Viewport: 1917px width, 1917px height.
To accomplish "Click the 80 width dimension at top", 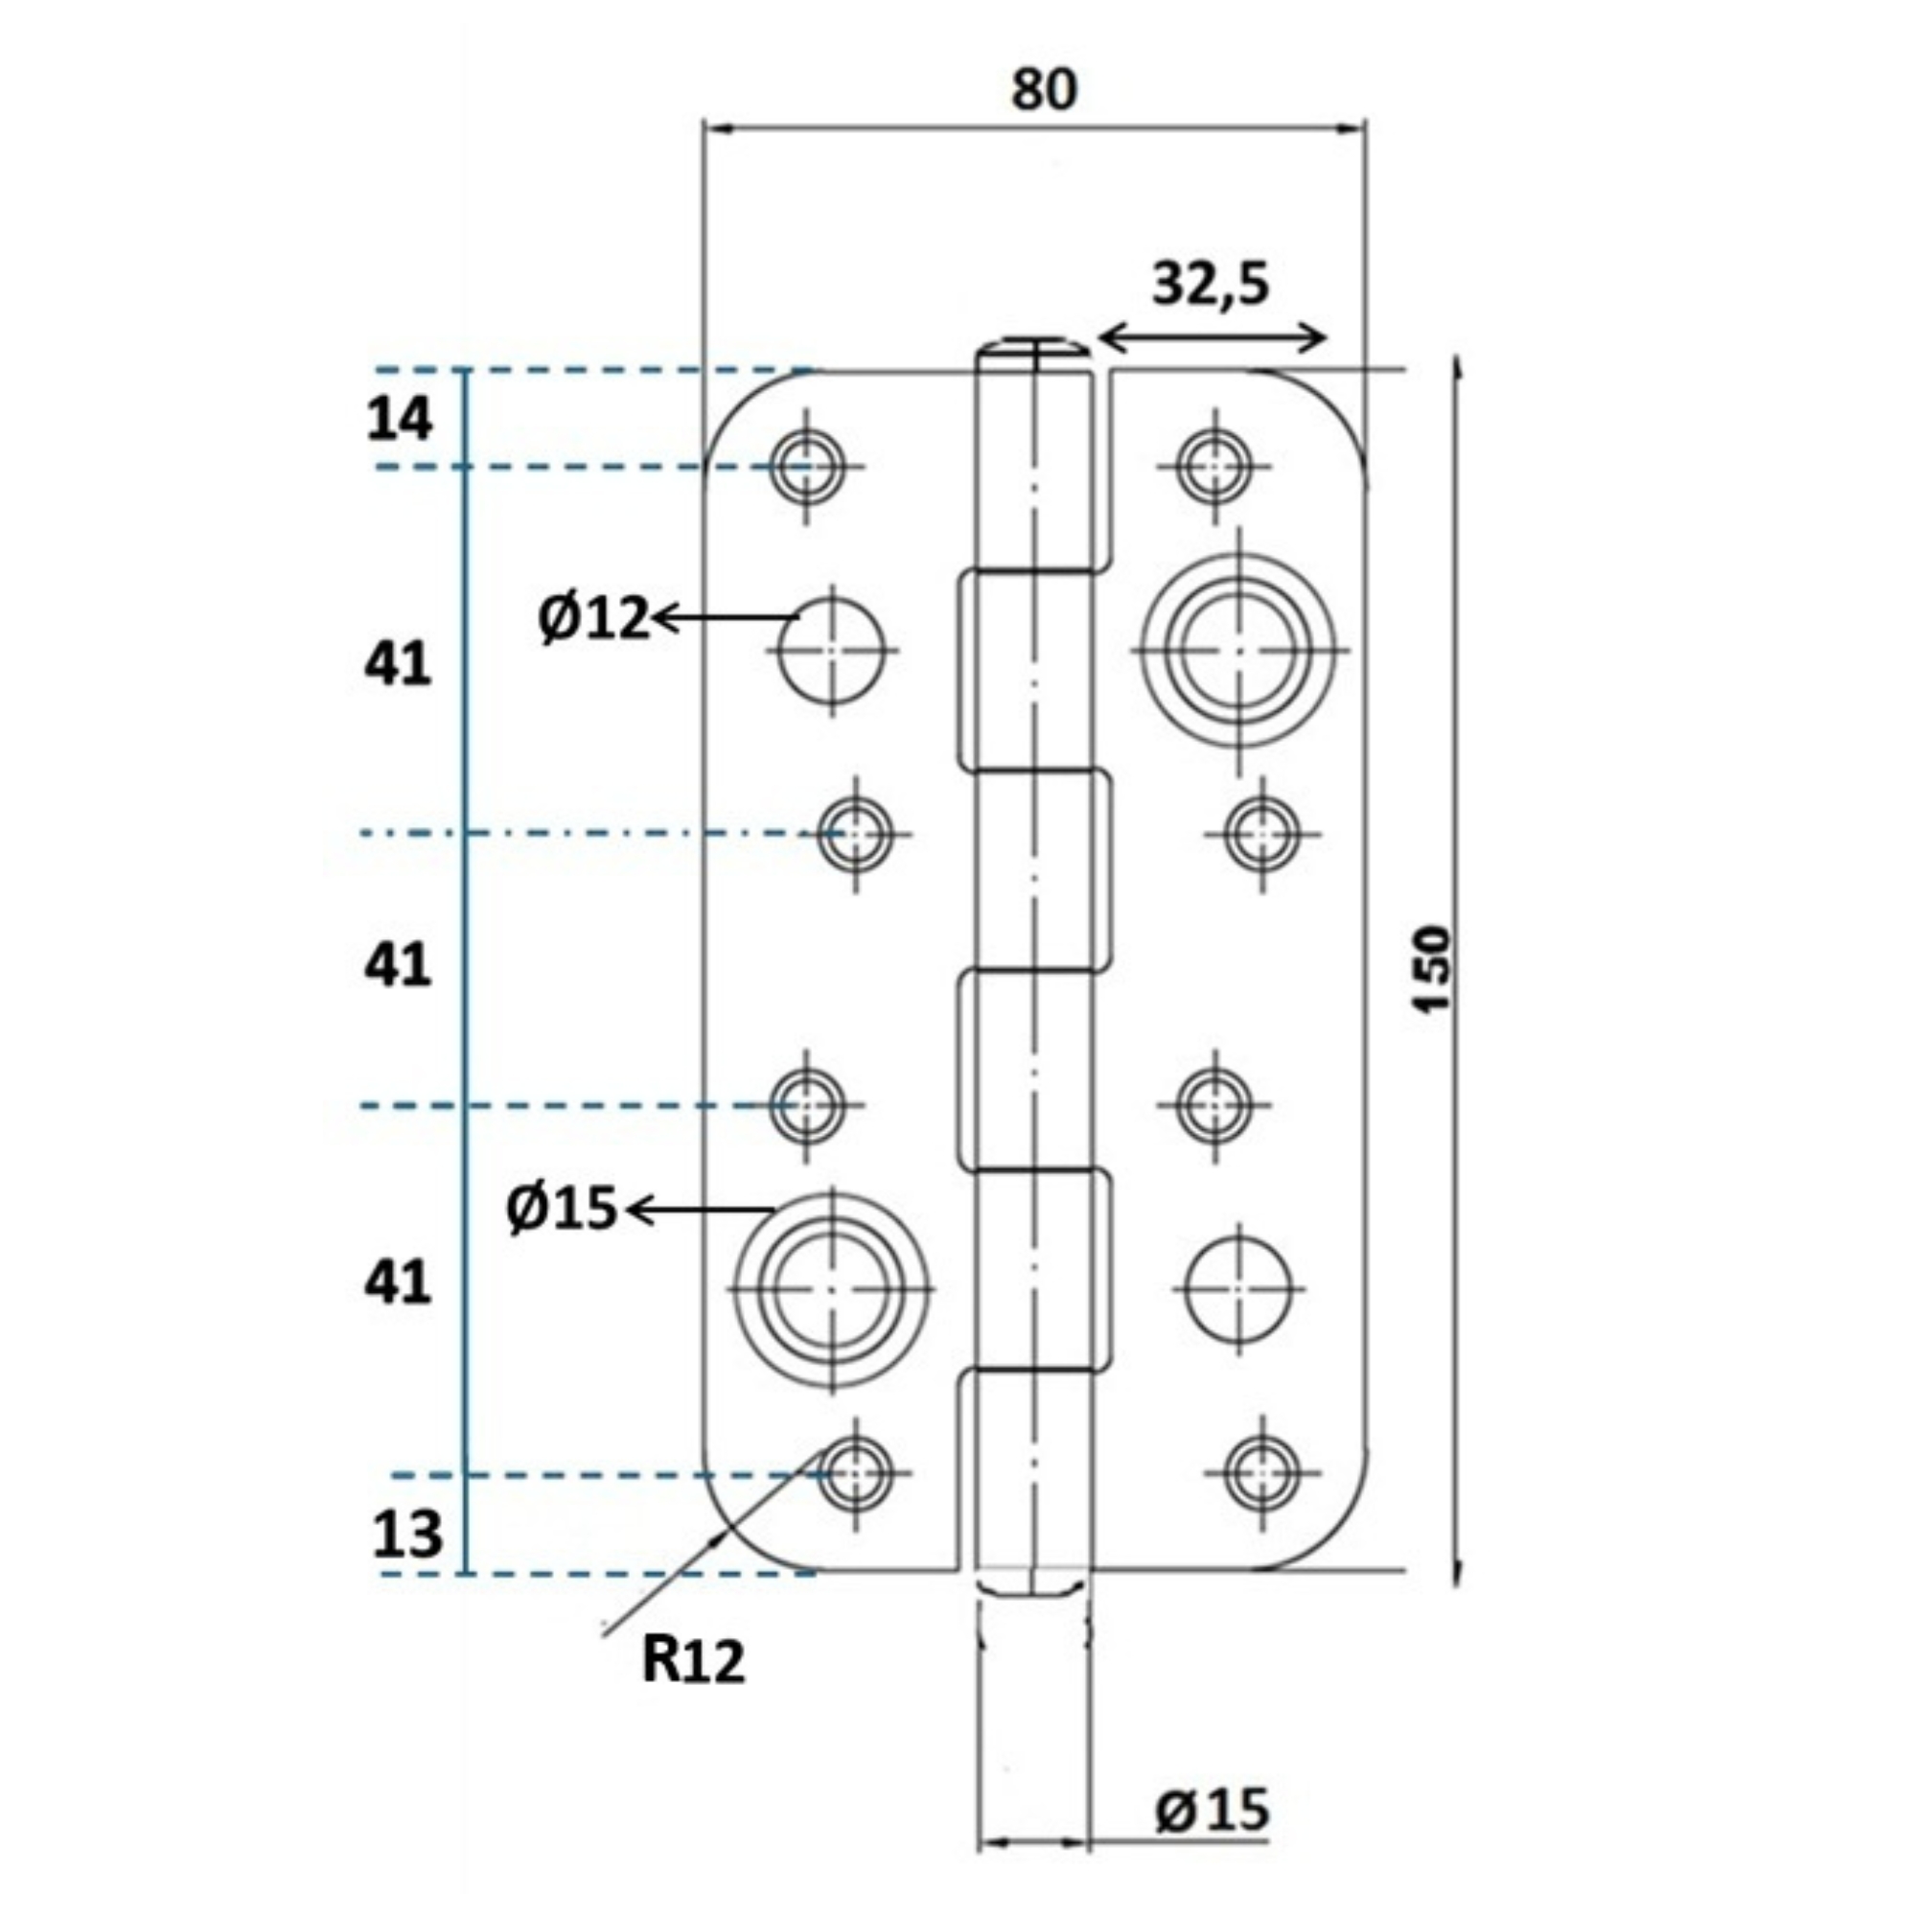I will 1044,90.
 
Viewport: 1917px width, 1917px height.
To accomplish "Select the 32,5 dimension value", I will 1210,285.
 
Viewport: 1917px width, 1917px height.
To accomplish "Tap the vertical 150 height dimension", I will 1433,968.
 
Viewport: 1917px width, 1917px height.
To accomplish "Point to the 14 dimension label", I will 399,420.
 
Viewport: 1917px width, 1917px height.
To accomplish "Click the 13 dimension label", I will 406,1535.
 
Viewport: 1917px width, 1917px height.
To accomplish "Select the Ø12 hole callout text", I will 593,618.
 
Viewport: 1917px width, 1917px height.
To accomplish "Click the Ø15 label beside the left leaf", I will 562,1210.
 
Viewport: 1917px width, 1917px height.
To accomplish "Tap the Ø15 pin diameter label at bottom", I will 1212,1808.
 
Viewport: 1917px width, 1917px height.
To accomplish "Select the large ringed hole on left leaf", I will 831,1289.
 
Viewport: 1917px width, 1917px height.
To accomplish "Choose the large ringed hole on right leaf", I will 1239,650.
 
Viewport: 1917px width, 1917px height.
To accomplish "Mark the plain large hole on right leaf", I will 1239,1289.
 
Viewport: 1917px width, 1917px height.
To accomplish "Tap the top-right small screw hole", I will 1213,464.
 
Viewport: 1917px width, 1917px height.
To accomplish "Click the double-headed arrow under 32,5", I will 1213,339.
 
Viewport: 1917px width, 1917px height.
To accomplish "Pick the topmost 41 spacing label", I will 398,664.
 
